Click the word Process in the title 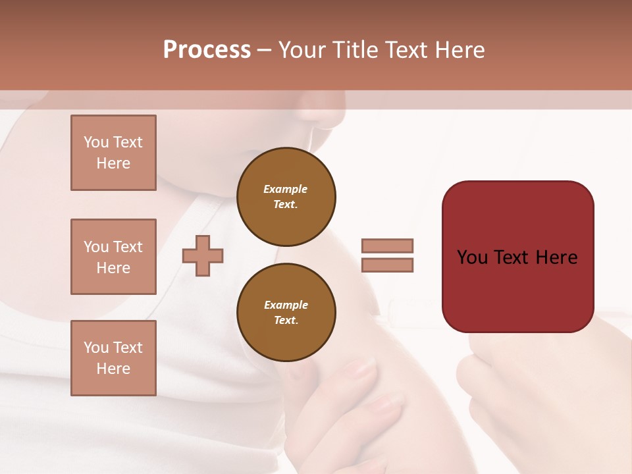[x=207, y=50]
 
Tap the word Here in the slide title [x=461, y=50]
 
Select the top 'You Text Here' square [x=113, y=153]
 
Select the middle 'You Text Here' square [x=113, y=257]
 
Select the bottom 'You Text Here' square [x=113, y=358]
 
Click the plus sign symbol [x=203, y=255]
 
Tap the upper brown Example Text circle [x=286, y=196]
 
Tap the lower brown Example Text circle [x=286, y=312]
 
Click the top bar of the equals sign [x=387, y=246]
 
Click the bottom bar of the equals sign [x=387, y=265]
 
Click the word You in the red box [x=473, y=257]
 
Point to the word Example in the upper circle [x=285, y=189]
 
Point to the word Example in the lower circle [x=286, y=305]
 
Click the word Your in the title [x=303, y=50]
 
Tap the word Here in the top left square [x=113, y=163]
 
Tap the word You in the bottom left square [x=95, y=348]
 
